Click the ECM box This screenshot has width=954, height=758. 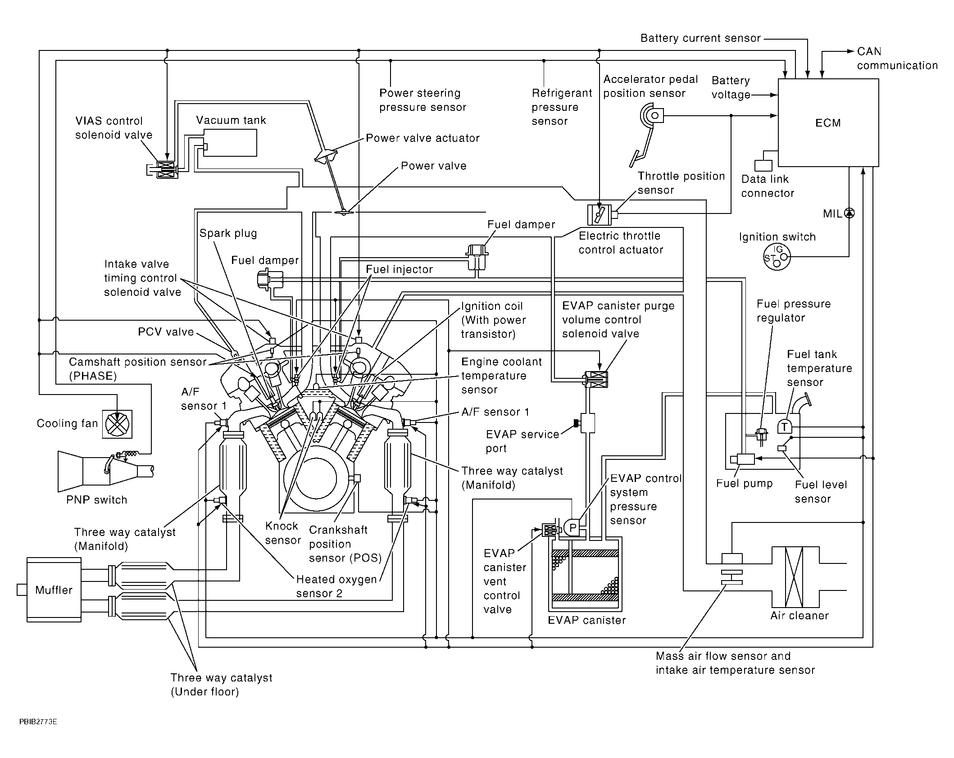click(x=828, y=123)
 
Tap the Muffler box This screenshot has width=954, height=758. click(x=54, y=590)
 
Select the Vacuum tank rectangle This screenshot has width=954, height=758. click(x=231, y=143)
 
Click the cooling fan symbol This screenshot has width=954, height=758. click(x=117, y=424)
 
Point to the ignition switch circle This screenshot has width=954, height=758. click(x=777, y=257)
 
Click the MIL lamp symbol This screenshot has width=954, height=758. click(x=849, y=213)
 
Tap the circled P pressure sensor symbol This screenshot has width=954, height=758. click(x=572, y=527)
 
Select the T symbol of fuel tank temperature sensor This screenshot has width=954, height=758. click(x=785, y=426)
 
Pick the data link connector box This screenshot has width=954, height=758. click(x=763, y=165)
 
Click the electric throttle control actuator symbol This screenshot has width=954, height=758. click(x=599, y=214)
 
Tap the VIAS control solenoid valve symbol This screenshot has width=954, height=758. click(x=167, y=170)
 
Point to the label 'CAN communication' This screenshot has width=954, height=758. click(x=896, y=59)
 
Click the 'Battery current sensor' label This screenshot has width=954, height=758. click(x=700, y=38)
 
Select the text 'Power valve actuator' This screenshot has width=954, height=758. click(x=422, y=138)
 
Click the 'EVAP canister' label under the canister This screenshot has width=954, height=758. click(x=586, y=620)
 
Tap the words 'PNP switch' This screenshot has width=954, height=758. click(x=96, y=500)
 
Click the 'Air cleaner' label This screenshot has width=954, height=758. click(x=799, y=616)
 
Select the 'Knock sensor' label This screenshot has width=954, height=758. click(x=282, y=533)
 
